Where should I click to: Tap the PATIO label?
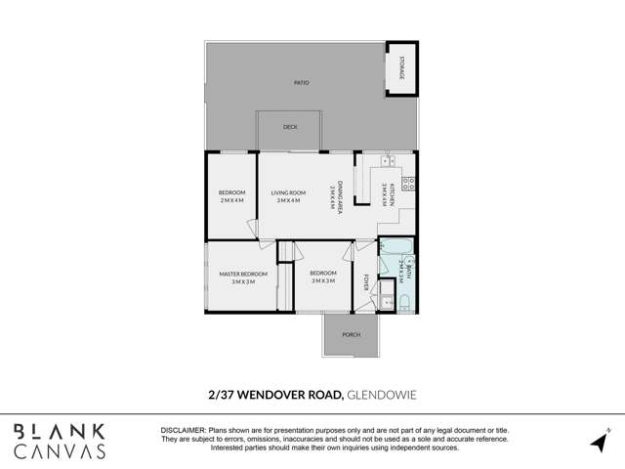pyautogui.click(x=302, y=82)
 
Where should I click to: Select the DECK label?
pyautogui.click(x=290, y=127)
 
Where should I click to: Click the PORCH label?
pyautogui.click(x=351, y=335)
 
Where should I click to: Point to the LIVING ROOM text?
pyautogui.click(x=288, y=192)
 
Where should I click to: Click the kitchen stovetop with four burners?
pyautogui.click(x=410, y=183)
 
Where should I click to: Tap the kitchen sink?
pyautogui.click(x=388, y=159)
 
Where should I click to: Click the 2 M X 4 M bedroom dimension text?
pyautogui.click(x=231, y=200)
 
